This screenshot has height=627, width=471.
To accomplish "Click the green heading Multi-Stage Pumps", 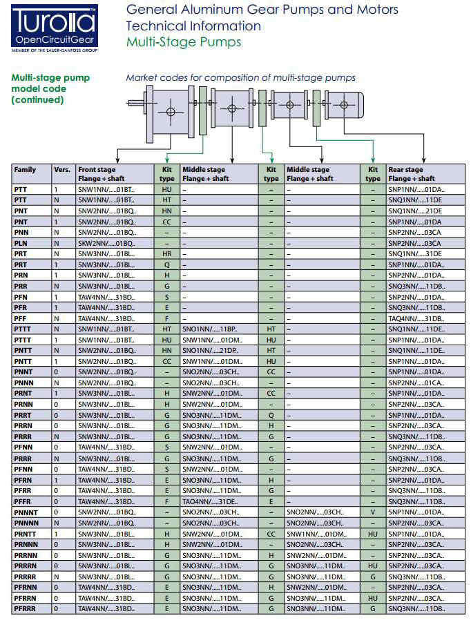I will (184, 42).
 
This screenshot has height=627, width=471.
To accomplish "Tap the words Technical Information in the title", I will (193, 26).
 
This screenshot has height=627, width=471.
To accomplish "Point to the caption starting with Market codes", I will (240, 78).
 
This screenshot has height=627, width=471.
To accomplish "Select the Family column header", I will (26, 169).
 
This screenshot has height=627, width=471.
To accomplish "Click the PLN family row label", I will (21, 242).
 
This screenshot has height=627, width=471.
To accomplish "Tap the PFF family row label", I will (21, 318).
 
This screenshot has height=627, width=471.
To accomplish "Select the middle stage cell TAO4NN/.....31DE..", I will (210, 501).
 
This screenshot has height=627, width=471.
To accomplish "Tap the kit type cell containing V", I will (373, 512).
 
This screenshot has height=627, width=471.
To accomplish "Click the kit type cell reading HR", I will (166, 253).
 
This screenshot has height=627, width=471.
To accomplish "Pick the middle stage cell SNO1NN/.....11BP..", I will (210, 329).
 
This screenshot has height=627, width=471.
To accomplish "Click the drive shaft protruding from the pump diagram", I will (134, 104).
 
